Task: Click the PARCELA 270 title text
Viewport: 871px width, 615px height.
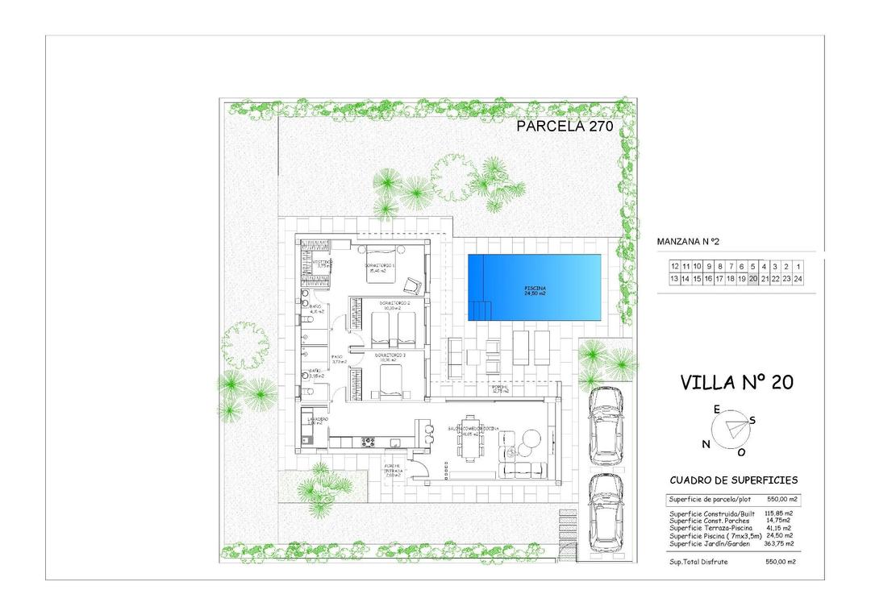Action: [x=565, y=126]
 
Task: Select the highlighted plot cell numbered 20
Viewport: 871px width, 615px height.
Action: [x=753, y=279]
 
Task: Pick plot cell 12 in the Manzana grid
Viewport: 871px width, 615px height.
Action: [x=674, y=266]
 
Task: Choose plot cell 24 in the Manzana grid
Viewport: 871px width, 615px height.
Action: [x=798, y=279]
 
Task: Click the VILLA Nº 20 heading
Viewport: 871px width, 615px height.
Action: [x=736, y=382]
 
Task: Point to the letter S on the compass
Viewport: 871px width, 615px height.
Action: [x=752, y=419]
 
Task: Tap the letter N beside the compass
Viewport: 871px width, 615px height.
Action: [x=706, y=444]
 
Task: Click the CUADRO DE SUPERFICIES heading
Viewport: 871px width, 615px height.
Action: [x=733, y=480]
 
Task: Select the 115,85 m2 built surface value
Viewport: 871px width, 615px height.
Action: [x=779, y=513]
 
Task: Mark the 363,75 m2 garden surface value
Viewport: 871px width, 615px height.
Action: [x=779, y=543]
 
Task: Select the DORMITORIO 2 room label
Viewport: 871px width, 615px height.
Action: [x=394, y=304]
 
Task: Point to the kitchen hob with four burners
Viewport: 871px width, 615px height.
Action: [x=369, y=441]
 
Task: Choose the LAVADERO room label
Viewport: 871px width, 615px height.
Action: [x=315, y=420]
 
